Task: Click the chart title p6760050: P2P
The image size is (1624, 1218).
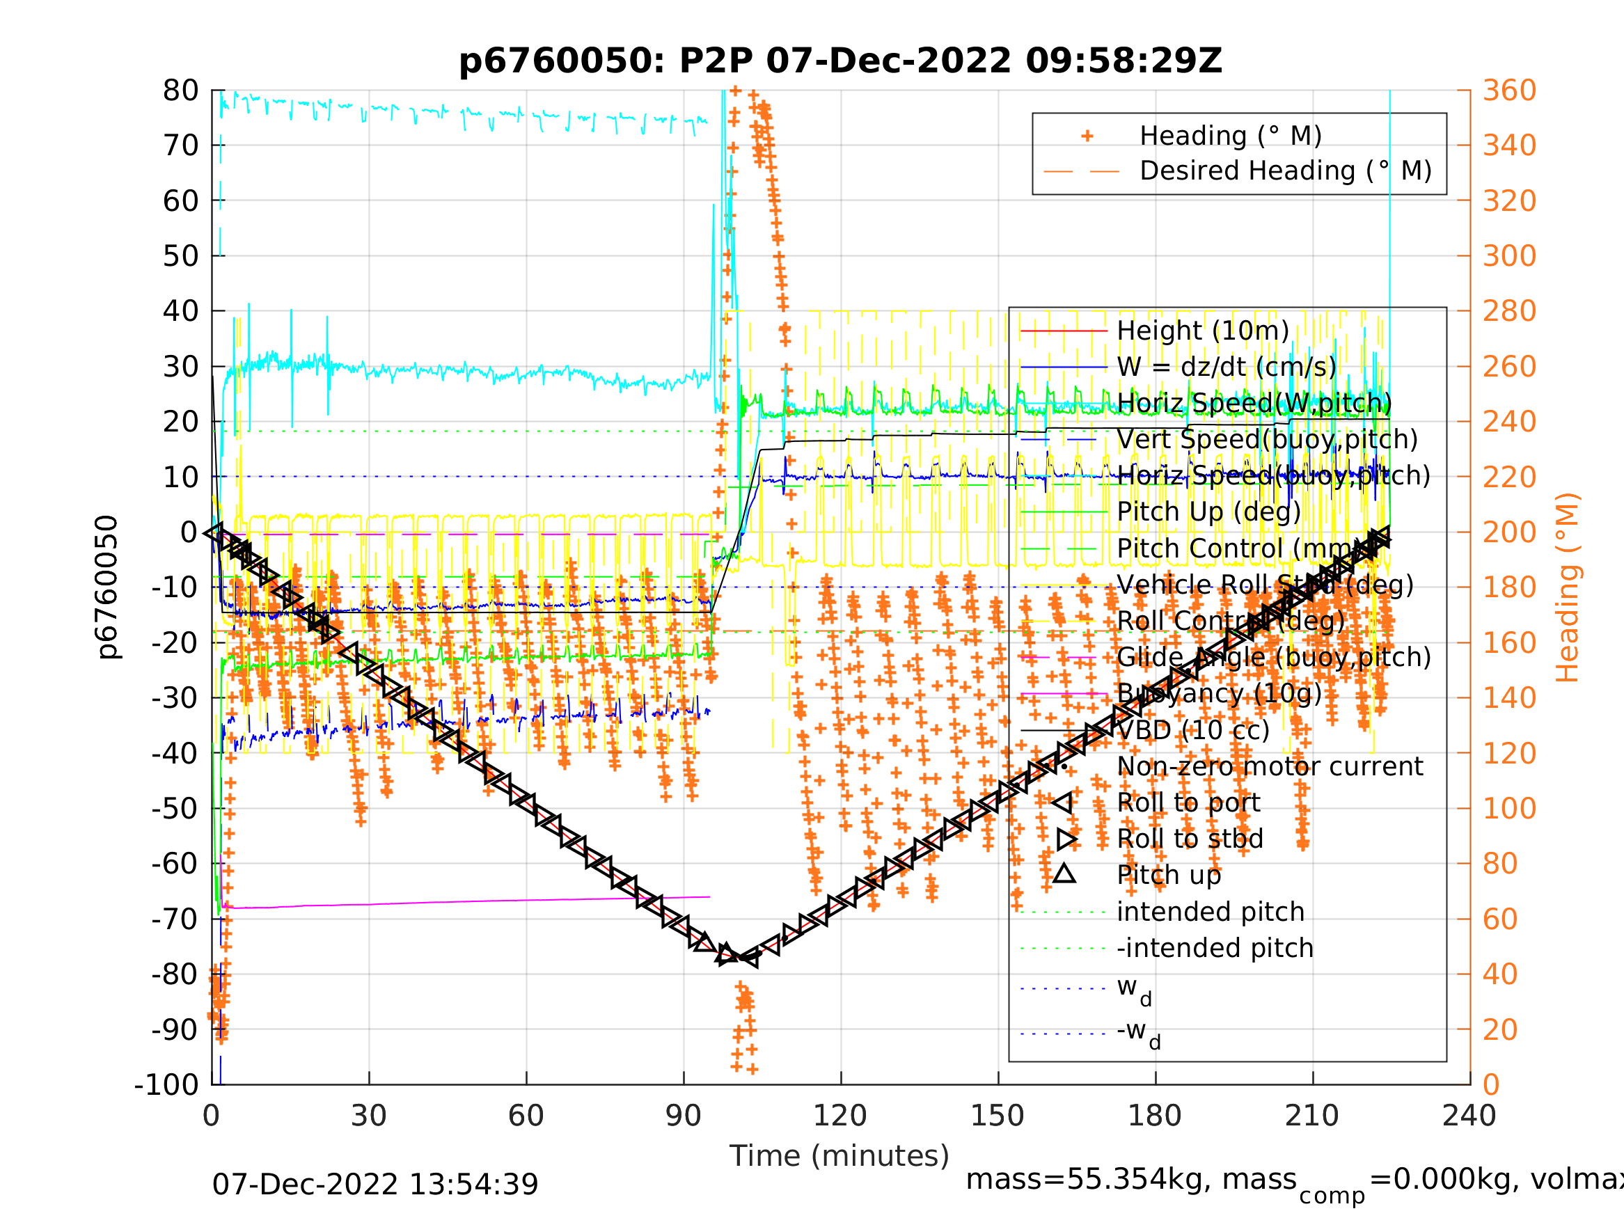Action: (840, 61)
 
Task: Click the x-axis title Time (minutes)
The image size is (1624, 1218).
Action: (839, 1155)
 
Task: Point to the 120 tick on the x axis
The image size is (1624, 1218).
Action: (840, 1116)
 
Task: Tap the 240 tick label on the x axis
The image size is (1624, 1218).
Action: (1469, 1116)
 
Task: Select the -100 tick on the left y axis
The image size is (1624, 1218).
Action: (166, 1084)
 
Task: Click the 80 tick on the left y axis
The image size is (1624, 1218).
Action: (180, 91)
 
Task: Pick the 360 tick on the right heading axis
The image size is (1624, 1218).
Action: (1509, 91)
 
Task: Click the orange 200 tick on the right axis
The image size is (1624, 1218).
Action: (1509, 532)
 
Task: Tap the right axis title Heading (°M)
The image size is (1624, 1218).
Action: (1567, 587)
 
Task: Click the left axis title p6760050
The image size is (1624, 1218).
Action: (107, 587)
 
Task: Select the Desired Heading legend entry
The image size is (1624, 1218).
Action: (1285, 171)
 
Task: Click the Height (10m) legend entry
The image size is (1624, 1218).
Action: (1203, 331)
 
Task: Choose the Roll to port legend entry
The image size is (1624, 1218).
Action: (1188, 803)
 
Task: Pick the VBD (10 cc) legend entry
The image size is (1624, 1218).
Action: (1192, 731)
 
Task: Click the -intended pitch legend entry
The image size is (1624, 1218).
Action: (1214, 949)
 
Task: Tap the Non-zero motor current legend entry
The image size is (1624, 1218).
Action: (1270, 766)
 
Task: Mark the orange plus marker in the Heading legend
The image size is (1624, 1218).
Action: (1087, 136)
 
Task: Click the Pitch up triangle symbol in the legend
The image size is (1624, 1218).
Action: (1064, 874)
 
